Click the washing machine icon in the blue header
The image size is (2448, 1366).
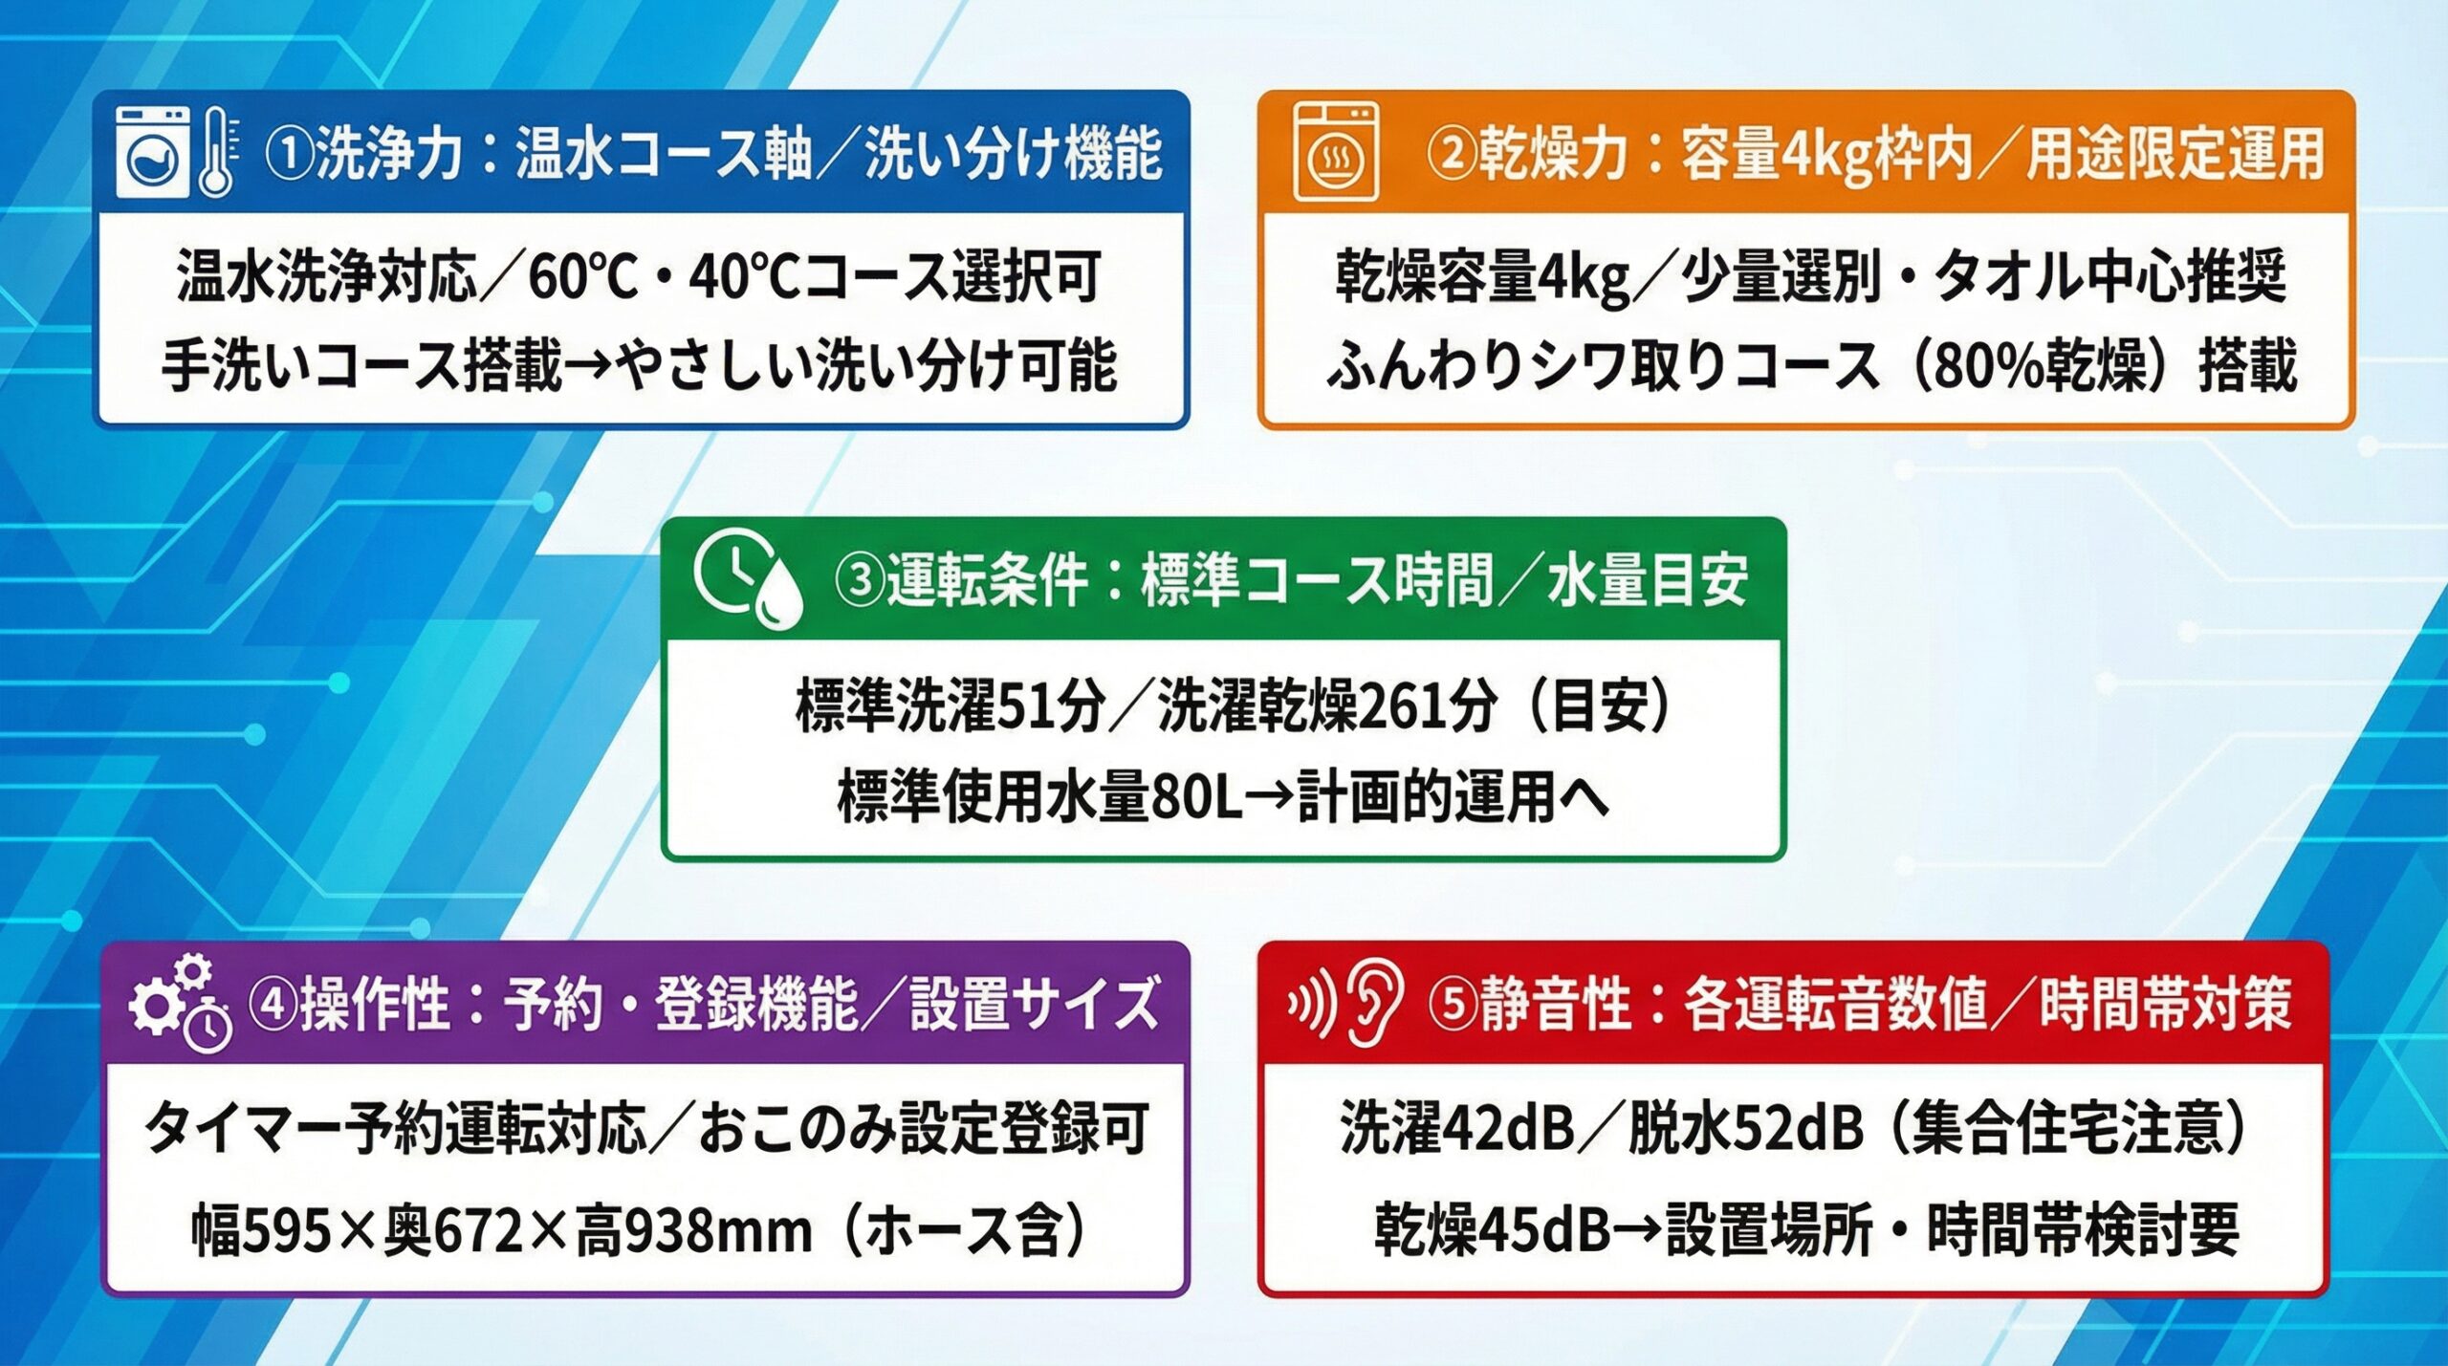coord(152,153)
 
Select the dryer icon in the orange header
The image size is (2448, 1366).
coord(1335,153)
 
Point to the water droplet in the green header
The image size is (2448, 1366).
coord(777,597)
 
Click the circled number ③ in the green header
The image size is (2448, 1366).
coord(860,580)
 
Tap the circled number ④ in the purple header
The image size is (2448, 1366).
coord(273,1005)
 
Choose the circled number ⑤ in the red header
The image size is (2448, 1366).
coord(1453,1005)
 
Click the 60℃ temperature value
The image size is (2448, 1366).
coord(582,277)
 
